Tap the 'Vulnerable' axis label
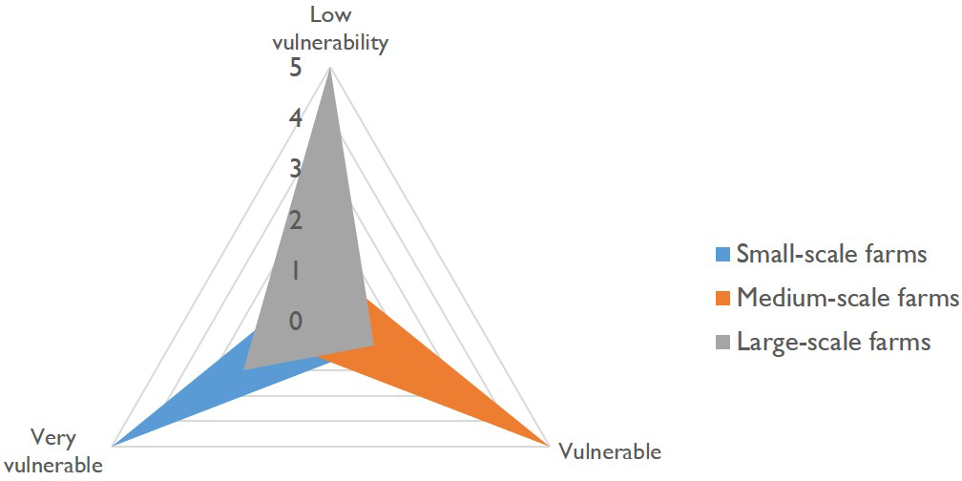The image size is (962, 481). pos(608,451)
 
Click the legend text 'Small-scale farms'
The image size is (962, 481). pos(832,255)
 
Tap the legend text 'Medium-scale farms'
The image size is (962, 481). pos(847,299)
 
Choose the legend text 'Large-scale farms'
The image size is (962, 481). pos(833,342)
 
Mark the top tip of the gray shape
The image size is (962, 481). pos(329,69)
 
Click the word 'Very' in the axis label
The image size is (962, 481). pos(52,439)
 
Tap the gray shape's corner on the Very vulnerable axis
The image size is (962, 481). pos(243,369)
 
